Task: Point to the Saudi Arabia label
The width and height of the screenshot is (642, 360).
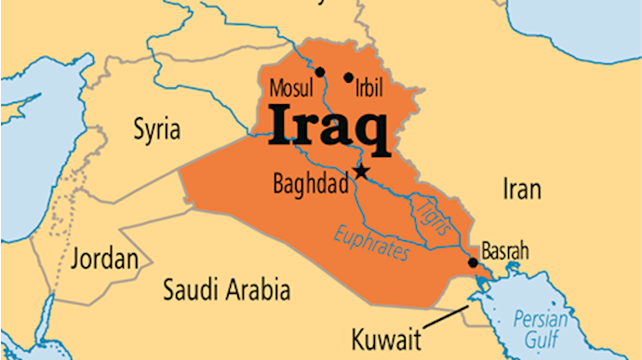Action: (226, 289)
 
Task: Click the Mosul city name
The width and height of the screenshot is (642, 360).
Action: (288, 90)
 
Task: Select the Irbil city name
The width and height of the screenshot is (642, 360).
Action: (373, 89)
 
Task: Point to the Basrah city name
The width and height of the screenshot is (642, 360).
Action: (505, 251)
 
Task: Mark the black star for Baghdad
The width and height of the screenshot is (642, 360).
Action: (362, 172)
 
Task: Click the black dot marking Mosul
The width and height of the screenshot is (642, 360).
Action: (320, 72)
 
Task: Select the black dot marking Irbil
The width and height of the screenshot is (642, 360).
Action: (349, 78)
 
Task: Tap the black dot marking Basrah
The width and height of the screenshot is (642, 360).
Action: (473, 263)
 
